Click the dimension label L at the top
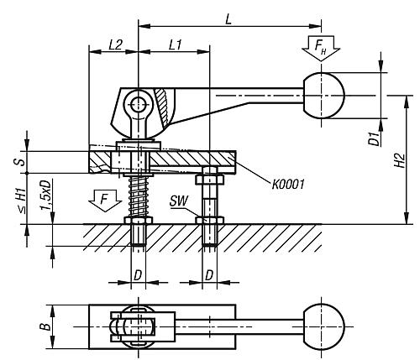click(228, 17)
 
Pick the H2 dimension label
click(402, 160)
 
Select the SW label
click(177, 202)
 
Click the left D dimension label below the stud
click(136, 274)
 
